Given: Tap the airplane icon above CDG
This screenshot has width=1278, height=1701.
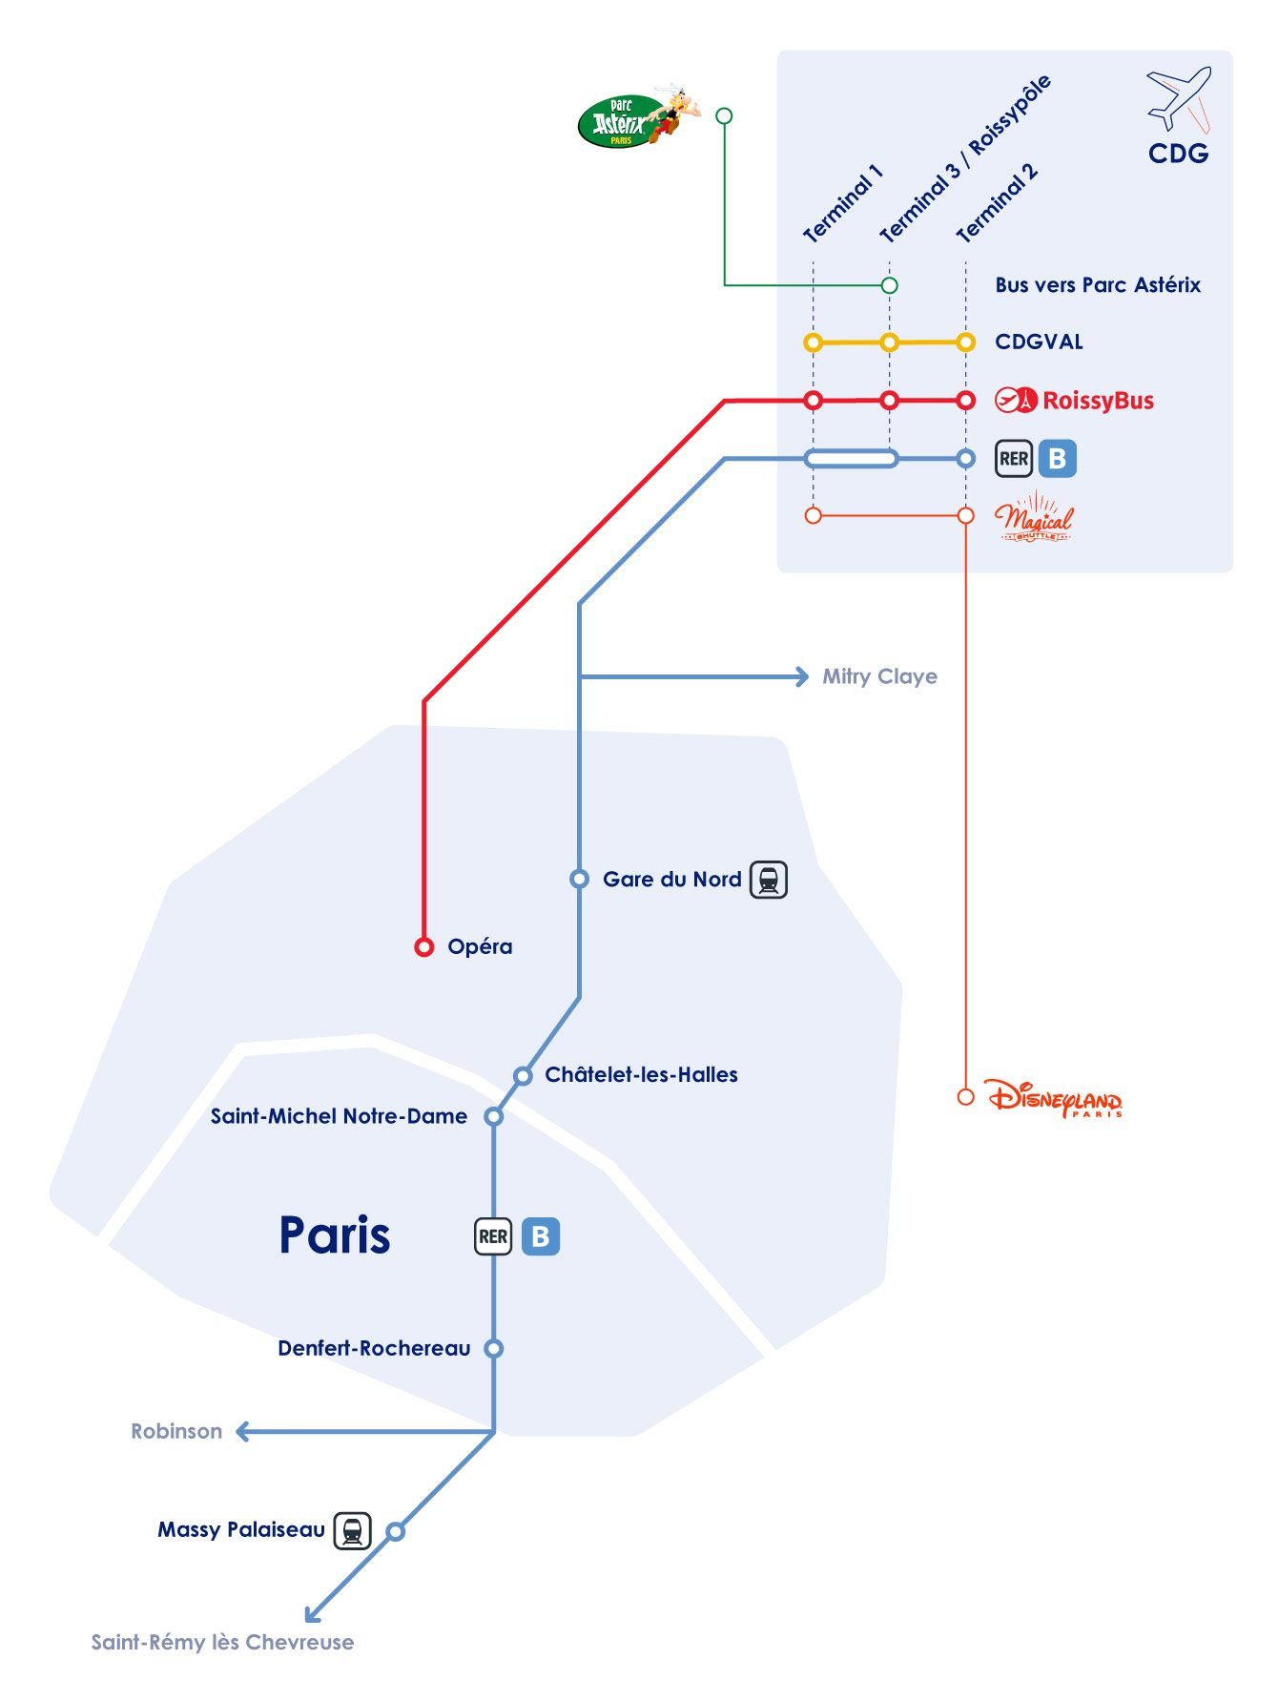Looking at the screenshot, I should click(1178, 97).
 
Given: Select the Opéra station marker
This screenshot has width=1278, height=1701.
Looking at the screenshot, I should click(424, 946).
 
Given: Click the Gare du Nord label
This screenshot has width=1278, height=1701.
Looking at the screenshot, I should click(671, 880).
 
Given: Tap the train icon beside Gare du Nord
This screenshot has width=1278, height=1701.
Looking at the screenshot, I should click(769, 880).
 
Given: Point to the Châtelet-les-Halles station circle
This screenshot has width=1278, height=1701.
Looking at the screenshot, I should click(523, 1076).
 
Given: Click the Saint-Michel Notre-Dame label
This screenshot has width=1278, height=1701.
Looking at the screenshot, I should click(339, 1116).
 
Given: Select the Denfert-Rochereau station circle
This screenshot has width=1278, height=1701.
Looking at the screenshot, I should click(493, 1348).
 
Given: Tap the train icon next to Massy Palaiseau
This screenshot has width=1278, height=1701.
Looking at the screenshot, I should click(352, 1530).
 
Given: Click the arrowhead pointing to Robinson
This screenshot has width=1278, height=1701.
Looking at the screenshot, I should click(243, 1431).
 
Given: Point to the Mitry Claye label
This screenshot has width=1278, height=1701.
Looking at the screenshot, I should click(879, 676).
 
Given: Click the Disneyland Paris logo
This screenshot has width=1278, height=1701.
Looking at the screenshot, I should click(1054, 1099).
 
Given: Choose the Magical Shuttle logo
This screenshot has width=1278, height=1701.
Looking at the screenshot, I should click(1034, 518).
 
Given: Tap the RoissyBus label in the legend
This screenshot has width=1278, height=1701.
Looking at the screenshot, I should click(1097, 401).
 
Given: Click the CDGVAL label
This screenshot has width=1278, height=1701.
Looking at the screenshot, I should click(1039, 342).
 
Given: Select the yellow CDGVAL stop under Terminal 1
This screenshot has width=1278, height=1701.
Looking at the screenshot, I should click(813, 342).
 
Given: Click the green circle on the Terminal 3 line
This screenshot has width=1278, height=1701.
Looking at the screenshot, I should click(889, 285).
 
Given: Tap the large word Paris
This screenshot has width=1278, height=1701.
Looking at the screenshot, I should click(334, 1235).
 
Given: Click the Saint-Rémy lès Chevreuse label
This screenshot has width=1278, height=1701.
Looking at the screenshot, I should click(222, 1642).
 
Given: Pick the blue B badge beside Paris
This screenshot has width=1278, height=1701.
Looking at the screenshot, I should click(541, 1236).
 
